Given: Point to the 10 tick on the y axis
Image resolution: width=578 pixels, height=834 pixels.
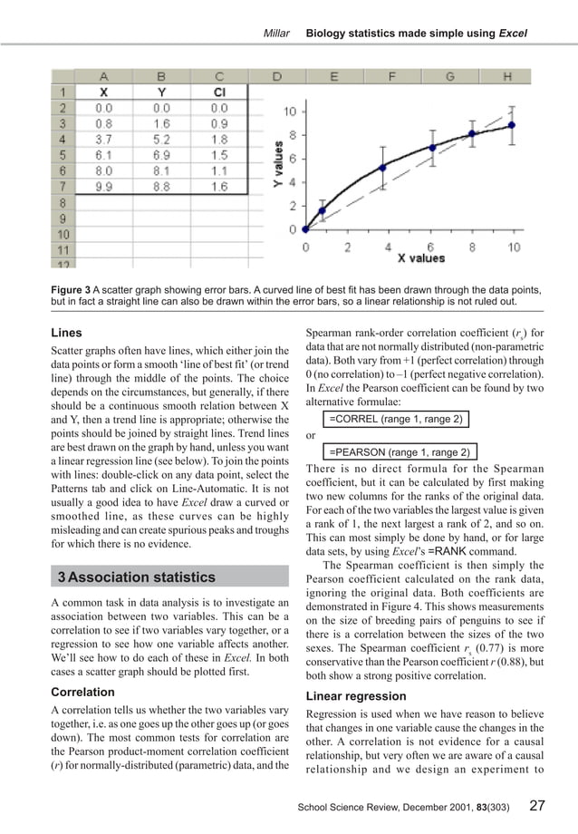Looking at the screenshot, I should coord(288,112).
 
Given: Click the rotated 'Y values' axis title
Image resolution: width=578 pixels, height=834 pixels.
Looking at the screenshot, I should coord(279,169).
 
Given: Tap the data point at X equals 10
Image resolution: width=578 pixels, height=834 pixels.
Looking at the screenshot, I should coord(512,125).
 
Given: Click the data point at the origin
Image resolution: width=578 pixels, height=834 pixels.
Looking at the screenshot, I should coord(305,229).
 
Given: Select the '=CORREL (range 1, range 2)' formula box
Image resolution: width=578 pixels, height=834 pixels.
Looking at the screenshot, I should coord(396,419).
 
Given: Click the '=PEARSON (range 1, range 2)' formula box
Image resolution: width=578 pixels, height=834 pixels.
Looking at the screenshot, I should coord(400,451).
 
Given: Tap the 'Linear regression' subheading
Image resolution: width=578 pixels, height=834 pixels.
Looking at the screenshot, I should coord(356,696).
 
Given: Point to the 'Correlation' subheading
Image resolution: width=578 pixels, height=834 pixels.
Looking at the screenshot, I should coord(82,692).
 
